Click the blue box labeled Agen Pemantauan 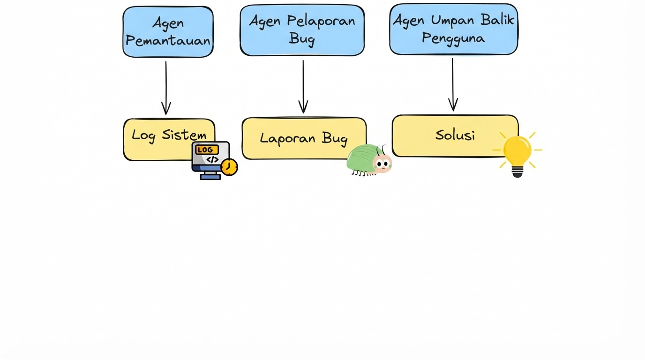(168, 32)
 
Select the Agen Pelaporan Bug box (302, 30)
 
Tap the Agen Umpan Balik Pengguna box (453, 29)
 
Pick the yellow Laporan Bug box (300, 138)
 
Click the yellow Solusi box (450, 135)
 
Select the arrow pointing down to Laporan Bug (303, 86)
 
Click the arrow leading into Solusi (453, 84)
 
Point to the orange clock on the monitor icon (229, 167)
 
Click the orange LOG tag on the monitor (207, 150)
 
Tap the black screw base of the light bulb (517, 172)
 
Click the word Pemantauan (168, 41)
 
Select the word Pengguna (453, 38)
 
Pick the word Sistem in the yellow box (184, 135)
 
